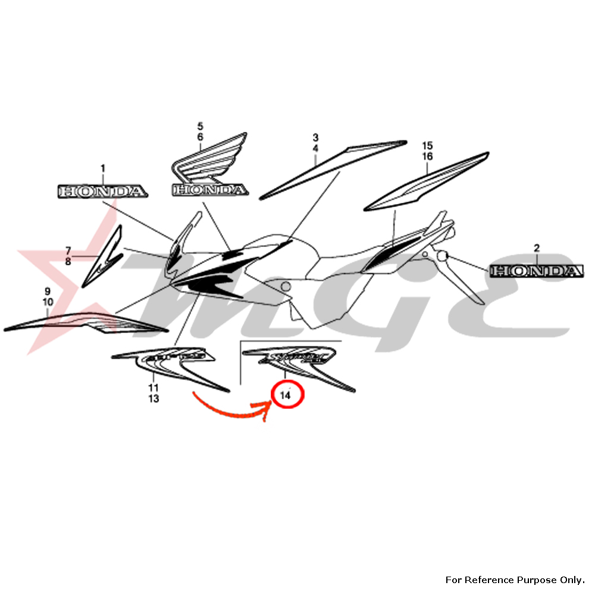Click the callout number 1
point(102,169)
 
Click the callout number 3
point(315,137)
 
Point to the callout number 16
point(427,156)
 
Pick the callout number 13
point(154,399)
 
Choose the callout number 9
point(48,291)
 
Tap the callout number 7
point(68,250)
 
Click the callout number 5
point(200,126)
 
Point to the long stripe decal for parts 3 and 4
point(333,168)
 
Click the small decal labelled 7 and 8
point(102,256)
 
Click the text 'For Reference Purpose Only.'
point(515,580)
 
